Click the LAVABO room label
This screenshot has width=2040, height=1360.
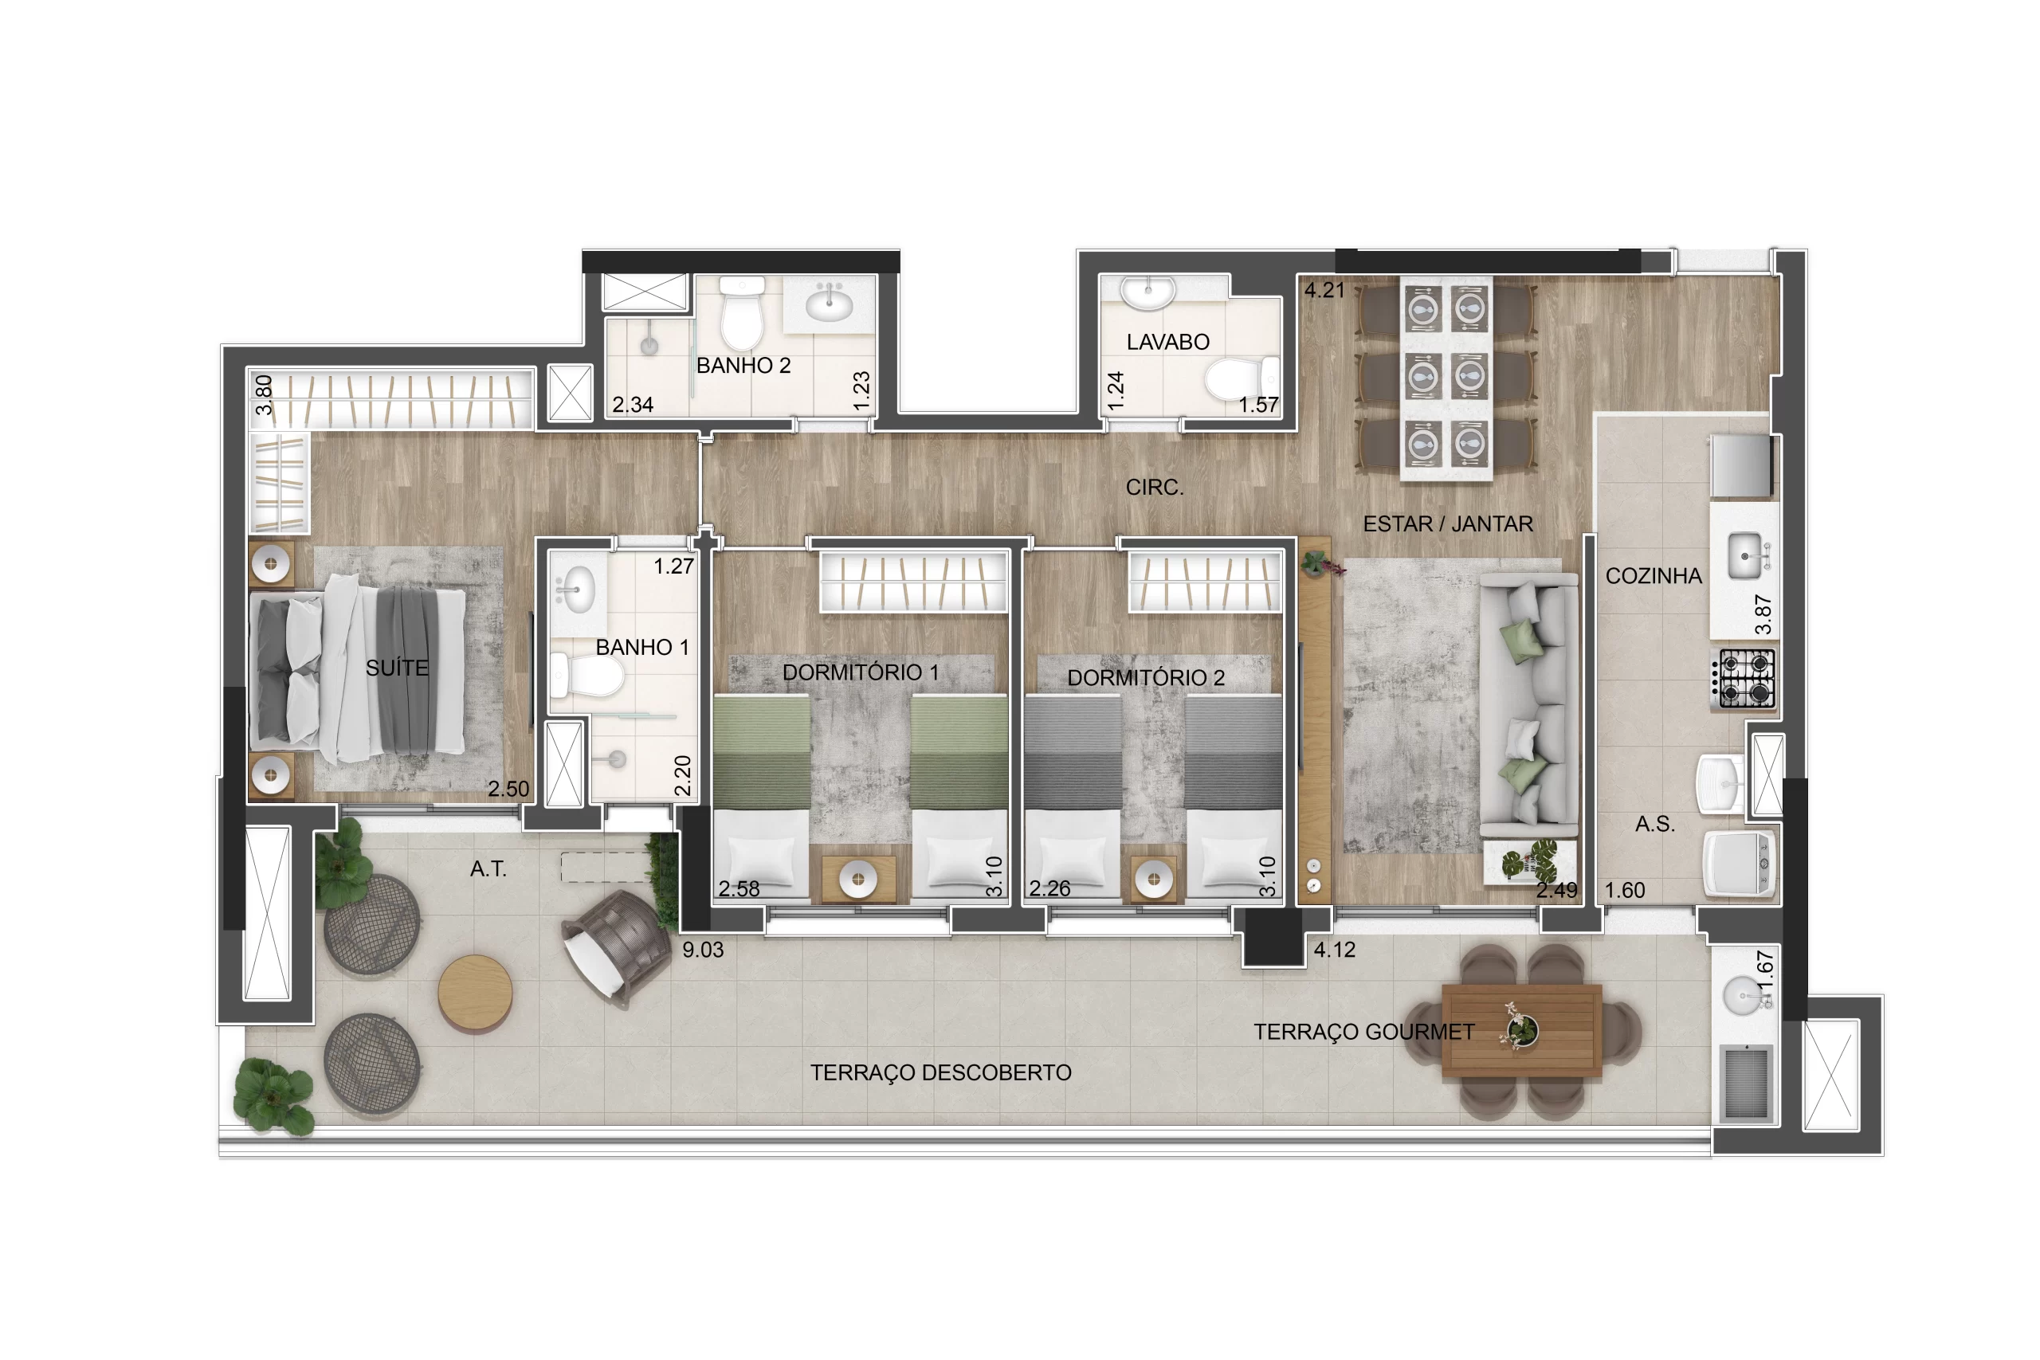coord(1167,342)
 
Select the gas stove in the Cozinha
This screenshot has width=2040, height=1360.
coord(1744,678)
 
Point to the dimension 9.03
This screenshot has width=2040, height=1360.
coord(703,950)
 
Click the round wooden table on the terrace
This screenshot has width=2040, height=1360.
coord(474,994)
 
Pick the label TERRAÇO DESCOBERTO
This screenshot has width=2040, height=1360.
coord(940,1073)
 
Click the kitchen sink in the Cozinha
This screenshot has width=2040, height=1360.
coord(1744,556)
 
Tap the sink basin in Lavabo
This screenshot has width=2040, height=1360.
coord(1147,292)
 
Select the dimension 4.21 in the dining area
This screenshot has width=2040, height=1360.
coord(1324,291)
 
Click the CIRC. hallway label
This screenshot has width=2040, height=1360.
coord(1155,488)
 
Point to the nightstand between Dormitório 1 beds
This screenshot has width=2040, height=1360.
coord(859,879)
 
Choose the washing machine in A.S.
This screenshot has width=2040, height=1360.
coord(1739,863)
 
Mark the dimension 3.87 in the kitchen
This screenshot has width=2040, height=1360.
coord(1763,614)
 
